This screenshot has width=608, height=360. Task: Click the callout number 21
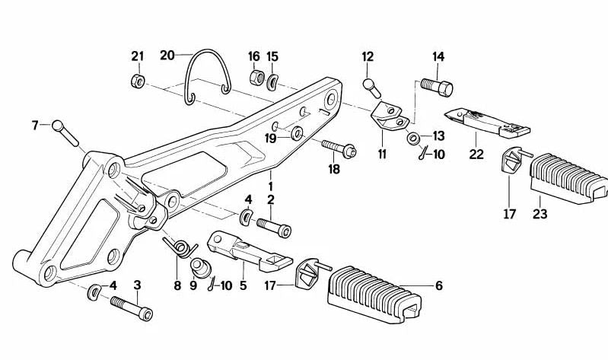coord(137,56)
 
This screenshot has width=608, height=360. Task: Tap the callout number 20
coord(167,55)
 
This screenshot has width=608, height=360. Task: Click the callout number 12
coord(368,56)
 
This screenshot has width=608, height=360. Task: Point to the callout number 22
coord(476,155)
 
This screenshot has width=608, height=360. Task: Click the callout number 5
coord(244,286)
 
